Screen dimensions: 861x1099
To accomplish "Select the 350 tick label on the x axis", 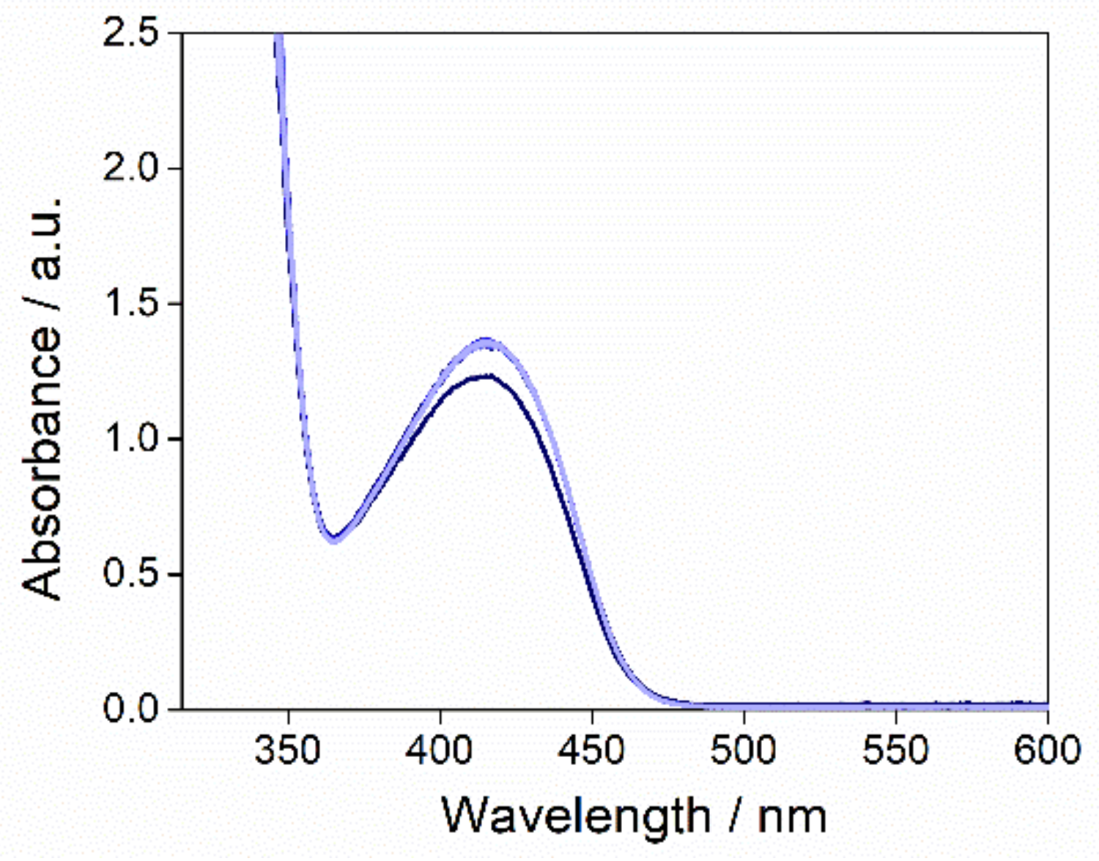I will [x=288, y=750].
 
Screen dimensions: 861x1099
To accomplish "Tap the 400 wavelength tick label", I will [x=440, y=750].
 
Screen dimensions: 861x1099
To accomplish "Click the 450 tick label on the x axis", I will [x=592, y=750].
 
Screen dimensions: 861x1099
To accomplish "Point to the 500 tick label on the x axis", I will [x=744, y=750].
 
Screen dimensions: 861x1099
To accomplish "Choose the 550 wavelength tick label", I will [x=895, y=750].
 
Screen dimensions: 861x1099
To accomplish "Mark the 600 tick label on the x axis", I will [x=1046, y=750].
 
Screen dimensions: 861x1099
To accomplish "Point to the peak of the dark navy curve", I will [x=485, y=376].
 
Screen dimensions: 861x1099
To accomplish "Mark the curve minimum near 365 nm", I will [x=334, y=538].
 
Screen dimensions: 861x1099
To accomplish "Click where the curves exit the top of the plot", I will [x=278, y=37].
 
